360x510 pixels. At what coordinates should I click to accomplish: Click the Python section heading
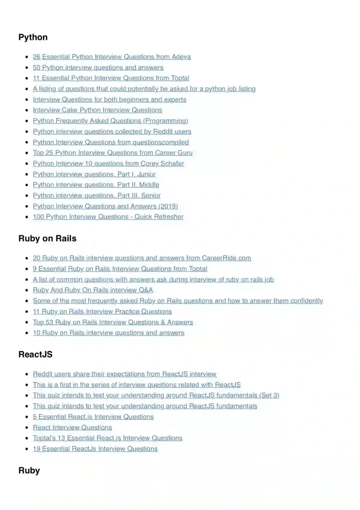coord(33,37)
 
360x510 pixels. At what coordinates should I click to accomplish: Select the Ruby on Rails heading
coord(47,238)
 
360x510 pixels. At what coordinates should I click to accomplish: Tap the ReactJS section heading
coord(35,354)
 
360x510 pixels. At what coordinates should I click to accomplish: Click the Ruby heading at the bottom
coord(29,470)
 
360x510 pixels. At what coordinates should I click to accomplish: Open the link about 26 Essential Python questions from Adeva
coord(112,57)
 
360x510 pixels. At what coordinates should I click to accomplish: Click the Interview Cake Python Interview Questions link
coord(97,110)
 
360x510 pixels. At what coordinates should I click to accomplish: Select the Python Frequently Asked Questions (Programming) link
coord(110,121)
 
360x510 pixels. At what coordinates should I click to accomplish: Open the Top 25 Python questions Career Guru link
coord(113,153)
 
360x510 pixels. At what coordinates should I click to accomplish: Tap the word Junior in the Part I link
coord(146,174)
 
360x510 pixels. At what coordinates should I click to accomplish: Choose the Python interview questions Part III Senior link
coord(97,195)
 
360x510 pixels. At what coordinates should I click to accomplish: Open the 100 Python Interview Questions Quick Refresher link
coord(108,217)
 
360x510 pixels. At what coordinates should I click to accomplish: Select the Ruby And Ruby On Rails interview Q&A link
coord(93,290)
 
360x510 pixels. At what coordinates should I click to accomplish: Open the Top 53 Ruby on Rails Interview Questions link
coord(113,322)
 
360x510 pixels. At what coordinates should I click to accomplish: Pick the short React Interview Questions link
coord(72,428)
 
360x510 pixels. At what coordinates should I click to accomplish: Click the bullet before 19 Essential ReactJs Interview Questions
coord(27,449)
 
